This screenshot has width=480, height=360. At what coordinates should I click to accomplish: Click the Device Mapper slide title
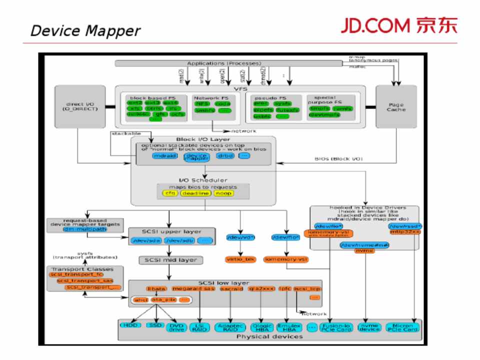coord(85,31)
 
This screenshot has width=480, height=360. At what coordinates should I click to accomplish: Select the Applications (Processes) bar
coord(224,63)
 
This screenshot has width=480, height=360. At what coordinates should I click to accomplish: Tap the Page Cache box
coord(395,106)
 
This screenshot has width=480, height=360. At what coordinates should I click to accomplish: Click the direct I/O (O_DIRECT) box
coord(77,106)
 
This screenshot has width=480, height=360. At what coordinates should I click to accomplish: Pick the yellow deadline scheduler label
coord(195,193)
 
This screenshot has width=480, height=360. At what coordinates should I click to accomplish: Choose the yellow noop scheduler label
coord(223,193)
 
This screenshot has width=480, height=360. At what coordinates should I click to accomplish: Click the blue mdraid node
coord(165,156)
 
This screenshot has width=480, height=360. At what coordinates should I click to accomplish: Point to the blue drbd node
coord(225,156)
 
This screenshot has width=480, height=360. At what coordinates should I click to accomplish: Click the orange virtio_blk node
coord(241,259)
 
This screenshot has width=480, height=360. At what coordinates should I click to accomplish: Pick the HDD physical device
coord(131,325)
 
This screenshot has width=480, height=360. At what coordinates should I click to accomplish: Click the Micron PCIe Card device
coord(402,327)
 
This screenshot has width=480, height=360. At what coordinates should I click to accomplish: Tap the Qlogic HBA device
coord(261,327)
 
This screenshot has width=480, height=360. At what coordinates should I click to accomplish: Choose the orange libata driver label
coord(155,288)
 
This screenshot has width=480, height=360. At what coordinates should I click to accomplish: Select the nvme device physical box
coord(370,327)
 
